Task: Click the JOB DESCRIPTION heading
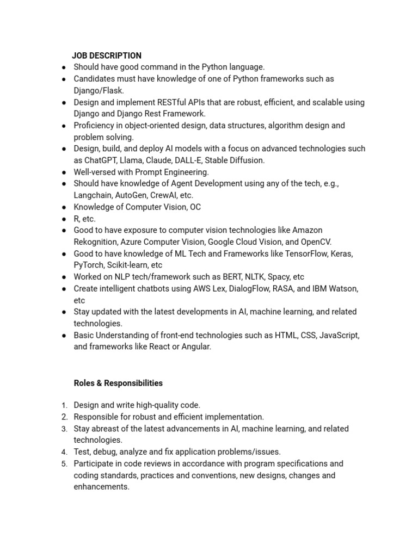click(107, 55)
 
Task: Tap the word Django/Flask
click(99, 90)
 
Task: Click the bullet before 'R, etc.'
click(64, 219)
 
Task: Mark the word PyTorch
click(89, 265)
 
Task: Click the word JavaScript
click(339, 335)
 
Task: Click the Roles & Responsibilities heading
click(118, 383)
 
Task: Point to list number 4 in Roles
click(64, 452)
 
